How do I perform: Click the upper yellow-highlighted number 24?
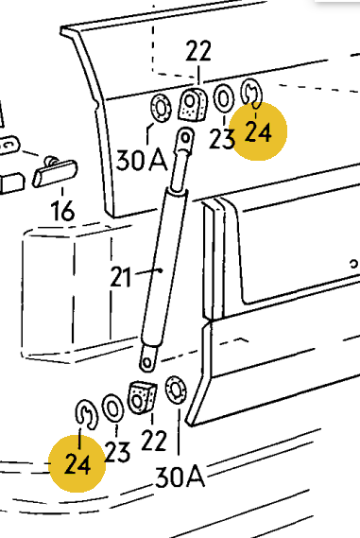(258, 132)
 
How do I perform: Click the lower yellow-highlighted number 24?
(77, 464)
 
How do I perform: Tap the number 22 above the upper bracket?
(198, 51)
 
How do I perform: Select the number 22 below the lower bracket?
(154, 441)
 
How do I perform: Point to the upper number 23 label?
(222, 139)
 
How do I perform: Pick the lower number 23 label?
(117, 452)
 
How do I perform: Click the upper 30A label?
(142, 160)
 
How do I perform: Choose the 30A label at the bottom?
(180, 477)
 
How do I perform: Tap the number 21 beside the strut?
(121, 277)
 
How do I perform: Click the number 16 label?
(62, 211)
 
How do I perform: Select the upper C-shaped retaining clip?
(251, 92)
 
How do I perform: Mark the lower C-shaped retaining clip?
(86, 414)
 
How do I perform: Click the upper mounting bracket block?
(193, 104)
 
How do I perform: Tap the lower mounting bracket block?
(143, 397)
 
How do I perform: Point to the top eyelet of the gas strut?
(185, 139)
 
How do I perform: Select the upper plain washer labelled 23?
(224, 98)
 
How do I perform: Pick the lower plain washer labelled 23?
(112, 408)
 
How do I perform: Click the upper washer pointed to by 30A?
(161, 108)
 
